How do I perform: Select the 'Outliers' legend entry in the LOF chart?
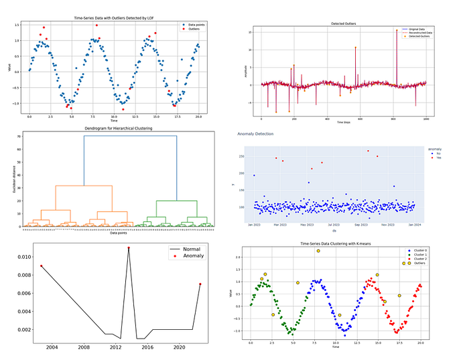(x=192, y=29)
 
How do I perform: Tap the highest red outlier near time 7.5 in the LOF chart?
(x=96, y=25)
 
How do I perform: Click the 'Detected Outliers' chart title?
(x=344, y=23)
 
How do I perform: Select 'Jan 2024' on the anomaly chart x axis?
(x=415, y=223)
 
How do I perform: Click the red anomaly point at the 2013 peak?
(x=129, y=248)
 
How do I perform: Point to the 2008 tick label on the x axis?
(x=84, y=348)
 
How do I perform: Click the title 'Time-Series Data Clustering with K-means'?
(x=336, y=243)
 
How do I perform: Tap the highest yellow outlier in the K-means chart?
(x=318, y=251)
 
